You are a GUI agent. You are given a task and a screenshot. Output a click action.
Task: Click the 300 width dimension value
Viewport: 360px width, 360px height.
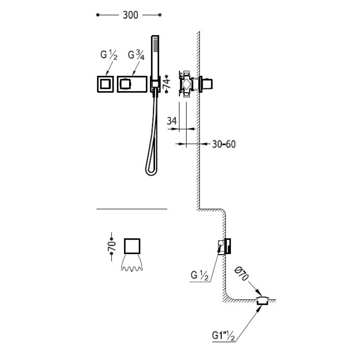[x=130, y=15]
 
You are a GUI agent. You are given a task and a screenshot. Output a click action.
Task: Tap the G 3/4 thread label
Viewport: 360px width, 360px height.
[x=136, y=55]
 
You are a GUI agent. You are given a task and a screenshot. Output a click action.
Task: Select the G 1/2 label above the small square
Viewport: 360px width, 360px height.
[x=109, y=55]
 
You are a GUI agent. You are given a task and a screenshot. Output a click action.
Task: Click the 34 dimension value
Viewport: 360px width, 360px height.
[x=172, y=121]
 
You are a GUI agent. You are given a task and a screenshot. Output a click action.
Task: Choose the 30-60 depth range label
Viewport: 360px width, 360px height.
[x=224, y=144]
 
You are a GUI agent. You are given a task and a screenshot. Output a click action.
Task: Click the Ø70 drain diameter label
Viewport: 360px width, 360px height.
[x=241, y=274]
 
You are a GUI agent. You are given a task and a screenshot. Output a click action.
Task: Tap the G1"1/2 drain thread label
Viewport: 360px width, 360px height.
[x=223, y=336]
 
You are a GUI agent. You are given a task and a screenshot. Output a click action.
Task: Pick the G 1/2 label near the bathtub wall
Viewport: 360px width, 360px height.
[x=200, y=275]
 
